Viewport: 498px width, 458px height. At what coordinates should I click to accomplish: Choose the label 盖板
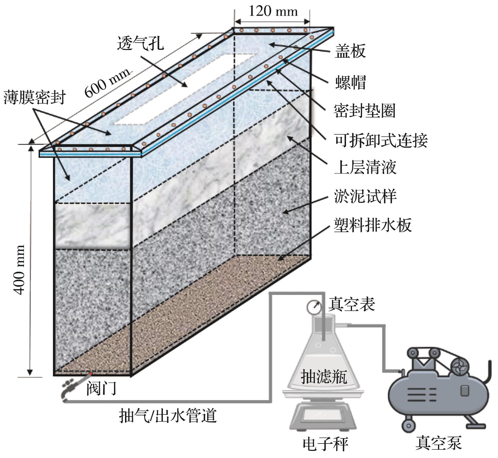350,51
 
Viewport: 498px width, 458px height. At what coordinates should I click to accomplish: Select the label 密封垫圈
364,111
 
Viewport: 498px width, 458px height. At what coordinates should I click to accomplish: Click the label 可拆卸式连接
381,140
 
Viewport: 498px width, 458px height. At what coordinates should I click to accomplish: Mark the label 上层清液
365,167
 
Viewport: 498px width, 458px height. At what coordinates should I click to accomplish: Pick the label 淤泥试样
365,196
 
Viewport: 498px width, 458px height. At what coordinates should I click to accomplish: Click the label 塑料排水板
372,225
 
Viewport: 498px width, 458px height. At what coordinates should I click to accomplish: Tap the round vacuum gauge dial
314,307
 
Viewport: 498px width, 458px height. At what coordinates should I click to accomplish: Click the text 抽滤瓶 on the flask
323,377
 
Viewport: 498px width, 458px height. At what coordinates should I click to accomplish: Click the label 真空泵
438,443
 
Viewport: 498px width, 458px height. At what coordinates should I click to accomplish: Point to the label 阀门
101,388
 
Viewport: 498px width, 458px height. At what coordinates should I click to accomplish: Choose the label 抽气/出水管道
168,415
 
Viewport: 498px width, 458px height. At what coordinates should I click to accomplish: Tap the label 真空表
351,304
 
